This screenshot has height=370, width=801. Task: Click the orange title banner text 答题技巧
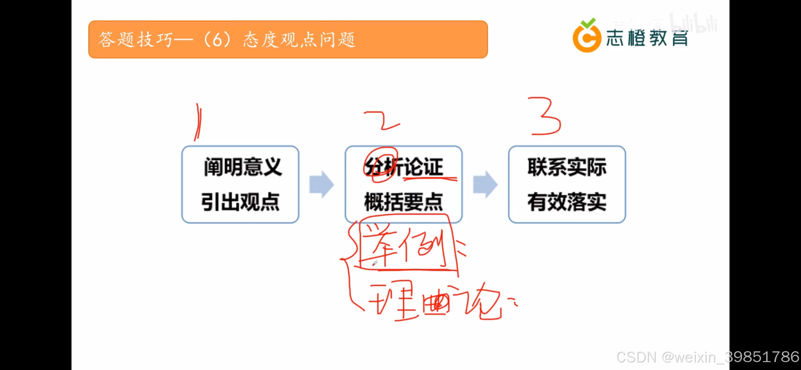[135, 40]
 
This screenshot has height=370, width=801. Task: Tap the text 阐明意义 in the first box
[243, 167]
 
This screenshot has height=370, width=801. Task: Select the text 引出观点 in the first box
[240, 202]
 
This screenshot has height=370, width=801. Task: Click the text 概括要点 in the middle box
[403, 202]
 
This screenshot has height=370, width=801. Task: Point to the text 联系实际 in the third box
[567, 167]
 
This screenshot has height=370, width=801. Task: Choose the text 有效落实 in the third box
[567, 202]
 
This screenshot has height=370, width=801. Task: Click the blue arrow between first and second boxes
[321, 184]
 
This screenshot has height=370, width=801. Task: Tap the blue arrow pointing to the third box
[485, 184]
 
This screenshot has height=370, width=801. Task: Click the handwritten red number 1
[198, 122]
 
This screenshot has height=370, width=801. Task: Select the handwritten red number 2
[382, 120]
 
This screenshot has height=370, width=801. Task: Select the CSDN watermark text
[707, 357]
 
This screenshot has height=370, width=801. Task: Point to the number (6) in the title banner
[217, 40]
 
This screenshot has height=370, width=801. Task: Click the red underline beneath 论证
[430, 179]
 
